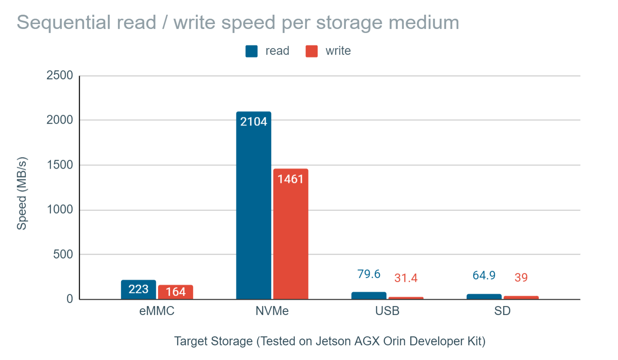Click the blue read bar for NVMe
[253, 209]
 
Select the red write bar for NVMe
[291, 236]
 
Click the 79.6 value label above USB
[369, 274]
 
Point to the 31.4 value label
[406, 278]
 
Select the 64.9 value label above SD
[484, 275]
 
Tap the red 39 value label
[521, 278]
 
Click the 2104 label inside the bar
[253, 121]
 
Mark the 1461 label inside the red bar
[291, 179]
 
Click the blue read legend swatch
[252, 51]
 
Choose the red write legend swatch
[312, 51]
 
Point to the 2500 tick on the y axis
[60, 76]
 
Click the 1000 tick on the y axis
[60, 210]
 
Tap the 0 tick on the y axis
[69, 299]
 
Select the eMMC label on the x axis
[156, 311]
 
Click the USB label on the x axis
[387, 311]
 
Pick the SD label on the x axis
[502, 311]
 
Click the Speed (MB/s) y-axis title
[22, 194]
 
